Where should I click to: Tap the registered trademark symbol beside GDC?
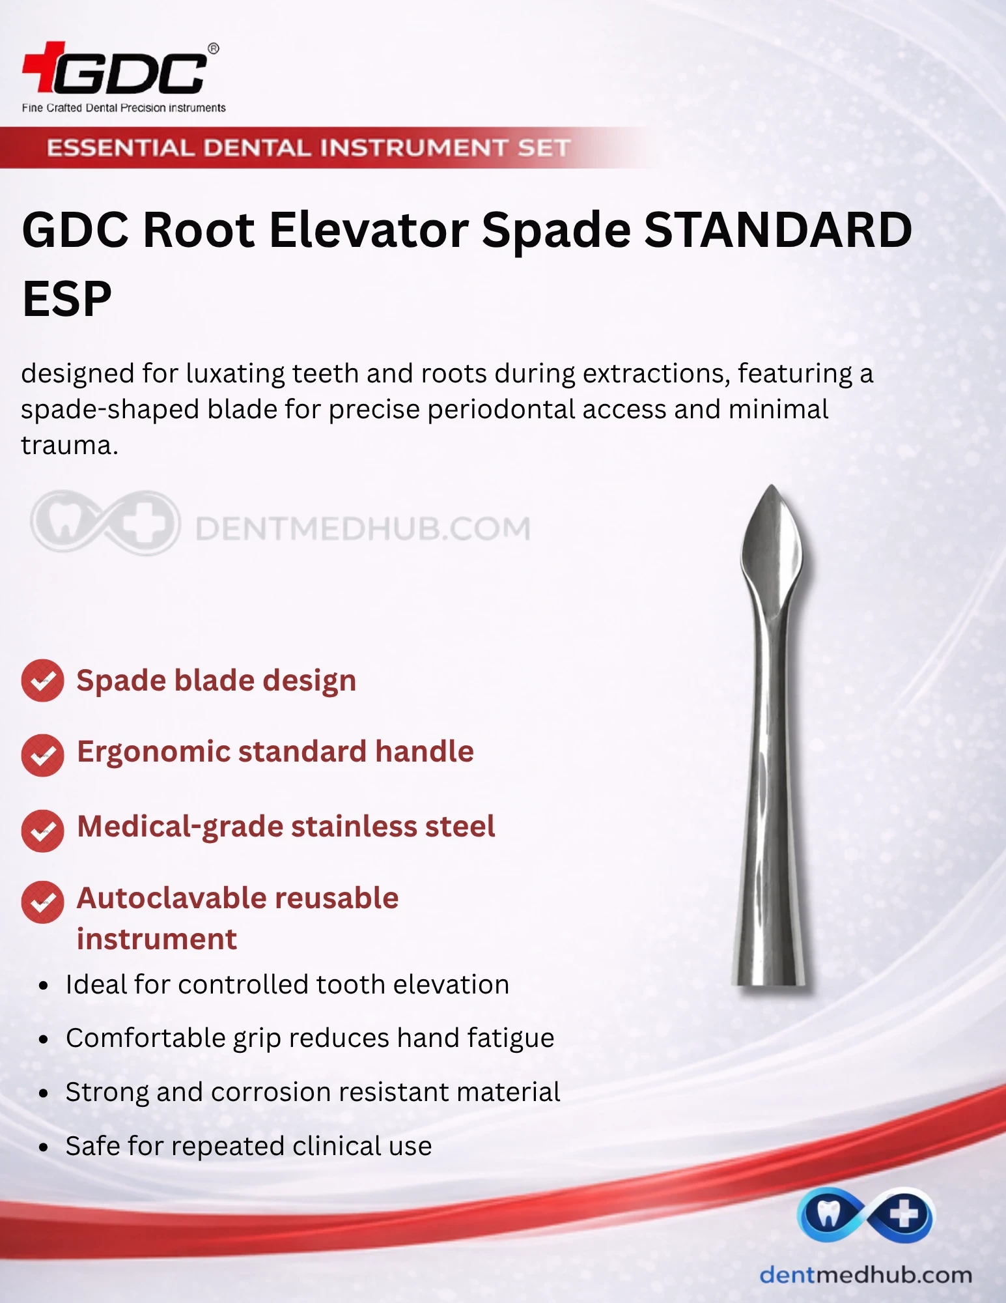coord(213,48)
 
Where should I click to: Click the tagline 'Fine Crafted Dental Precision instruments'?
coord(124,107)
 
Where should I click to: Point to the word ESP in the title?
coord(66,299)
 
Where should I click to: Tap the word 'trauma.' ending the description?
coord(70,446)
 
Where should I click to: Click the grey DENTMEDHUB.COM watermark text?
coord(363,528)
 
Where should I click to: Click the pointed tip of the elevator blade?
coord(772,485)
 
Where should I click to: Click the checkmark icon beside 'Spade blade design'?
coord(42,681)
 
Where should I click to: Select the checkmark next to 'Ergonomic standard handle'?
coord(42,755)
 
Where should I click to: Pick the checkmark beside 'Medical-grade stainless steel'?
coord(42,831)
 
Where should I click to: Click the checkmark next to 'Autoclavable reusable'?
coord(42,902)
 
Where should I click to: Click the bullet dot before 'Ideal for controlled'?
coord(44,986)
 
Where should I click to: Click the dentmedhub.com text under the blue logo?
coord(866,1275)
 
